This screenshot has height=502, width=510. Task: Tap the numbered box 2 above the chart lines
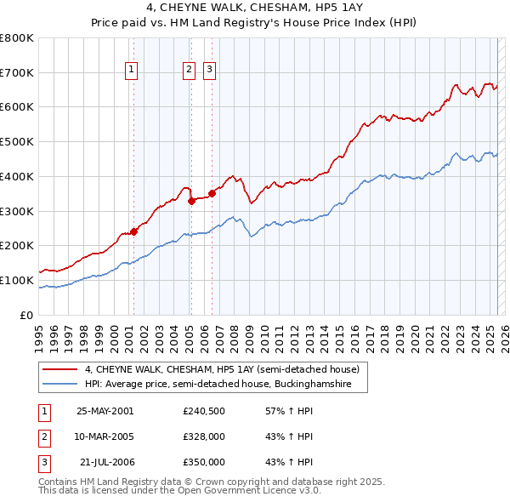point(188,71)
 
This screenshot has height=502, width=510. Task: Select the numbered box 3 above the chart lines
point(208,71)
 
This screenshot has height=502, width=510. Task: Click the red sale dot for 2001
point(133,231)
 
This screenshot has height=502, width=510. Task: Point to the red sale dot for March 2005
point(191,202)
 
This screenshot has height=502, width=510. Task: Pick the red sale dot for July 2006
point(212,193)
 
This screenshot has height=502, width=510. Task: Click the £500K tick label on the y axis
point(17,142)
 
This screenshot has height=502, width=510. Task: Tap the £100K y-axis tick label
point(17,280)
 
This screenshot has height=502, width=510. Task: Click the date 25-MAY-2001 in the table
point(105,410)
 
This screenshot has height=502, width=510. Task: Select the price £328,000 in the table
point(204,436)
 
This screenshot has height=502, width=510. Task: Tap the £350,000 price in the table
point(204,462)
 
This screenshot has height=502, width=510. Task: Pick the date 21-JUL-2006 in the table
point(106,462)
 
